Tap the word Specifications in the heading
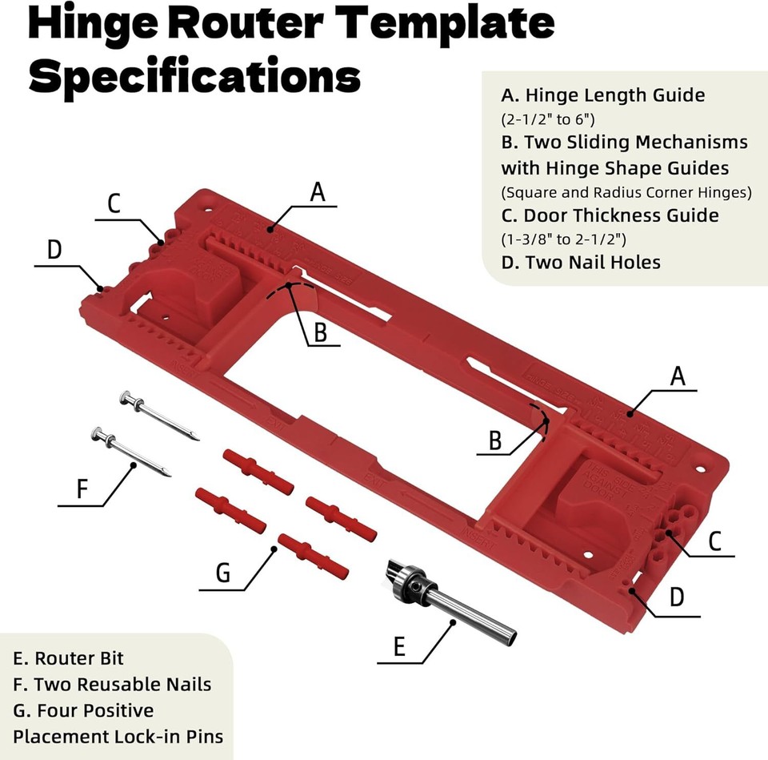pyautogui.click(x=194, y=76)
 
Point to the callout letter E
pyautogui.click(x=400, y=645)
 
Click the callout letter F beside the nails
pyautogui.click(x=82, y=489)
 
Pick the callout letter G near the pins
pyautogui.click(x=223, y=573)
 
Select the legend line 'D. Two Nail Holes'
pyautogui.click(x=581, y=262)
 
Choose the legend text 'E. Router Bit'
pyautogui.click(x=69, y=659)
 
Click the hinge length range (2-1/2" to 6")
pyautogui.click(x=548, y=119)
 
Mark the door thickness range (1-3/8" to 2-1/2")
pyautogui.click(x=563, y=239)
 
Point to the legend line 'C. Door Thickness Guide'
pyautogui.click(x=610, y=215)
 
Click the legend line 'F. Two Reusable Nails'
pyautogui.click(x=112, y=685)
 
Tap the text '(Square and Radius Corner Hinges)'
pyautogui.click(x=626, y=192)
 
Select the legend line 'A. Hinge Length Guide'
pyautogui.click(x=603, y=95)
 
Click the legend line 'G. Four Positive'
pyautogui.click(x=83, y=710)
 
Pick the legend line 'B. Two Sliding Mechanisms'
pyautogui.click(x=624, y=143)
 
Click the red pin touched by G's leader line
pyautogui.click(x=312, y=555)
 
